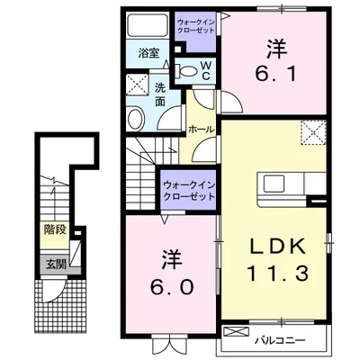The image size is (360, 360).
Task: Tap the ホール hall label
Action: (x=201, y=129)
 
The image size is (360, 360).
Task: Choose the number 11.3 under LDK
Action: (x=275, y=273)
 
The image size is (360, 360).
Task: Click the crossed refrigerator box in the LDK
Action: (x=313, y=133)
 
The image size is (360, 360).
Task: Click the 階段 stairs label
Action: (x=56, y=229)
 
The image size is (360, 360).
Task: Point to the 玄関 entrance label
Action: (x=56, y=265)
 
